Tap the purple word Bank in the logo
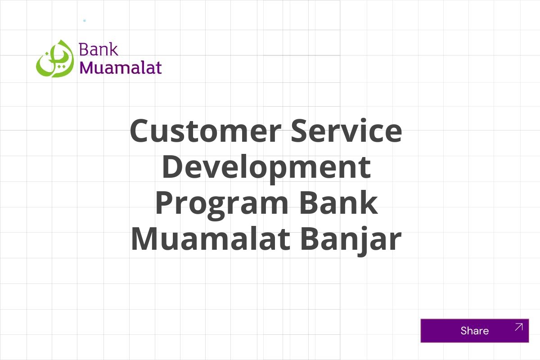pyautogui.click(x=99, y=49)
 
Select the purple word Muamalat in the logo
pyautogui.click(x=121, y=67)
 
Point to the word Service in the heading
pyautogui.click(x=346, y=131)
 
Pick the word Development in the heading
pyautogui.click(x=266, y=166)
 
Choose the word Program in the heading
pyautogui.click(x=221, y=203)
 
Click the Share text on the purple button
pyautogui.click(x=474, y=331)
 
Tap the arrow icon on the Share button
pyautogui.click(x=518, y=327)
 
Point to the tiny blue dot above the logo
pyautogui.click(x=85, y=21)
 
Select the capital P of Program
pyautogui.click(x=166, y=202)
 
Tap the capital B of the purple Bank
pyautogui.click(x=84, y=49)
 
